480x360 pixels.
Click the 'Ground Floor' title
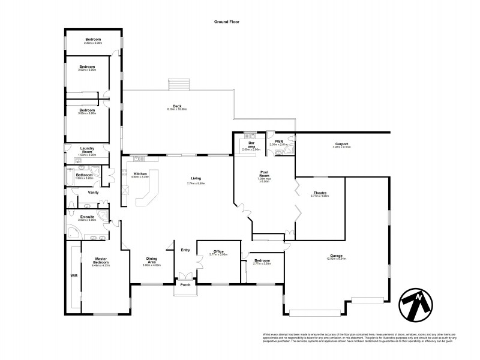(227, 21)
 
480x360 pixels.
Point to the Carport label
(342, 144)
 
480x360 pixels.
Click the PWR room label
(279, 142)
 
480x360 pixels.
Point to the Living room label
(196, 178)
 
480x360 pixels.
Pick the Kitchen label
(140, 174)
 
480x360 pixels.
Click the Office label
(218, 251)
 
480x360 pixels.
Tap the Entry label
(185, 250)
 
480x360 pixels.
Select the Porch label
(186, 284)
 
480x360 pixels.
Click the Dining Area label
(152, 260)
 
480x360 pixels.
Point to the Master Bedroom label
(101, 261)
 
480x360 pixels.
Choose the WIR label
(74, 275)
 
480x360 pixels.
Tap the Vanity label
(93, 193)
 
